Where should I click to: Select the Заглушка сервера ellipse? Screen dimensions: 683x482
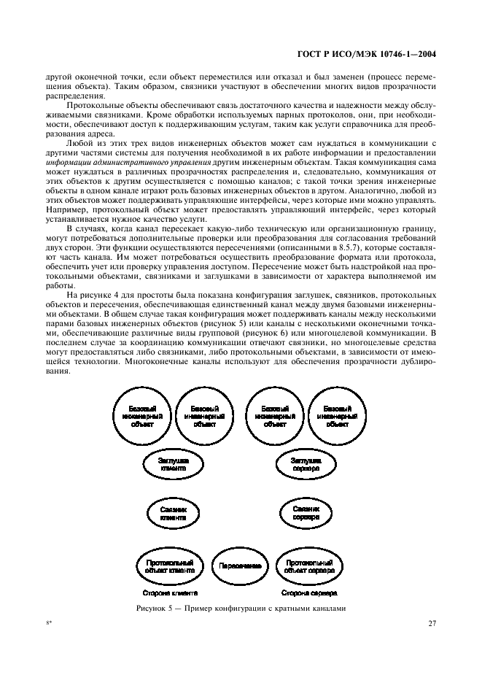(x=307, y=466)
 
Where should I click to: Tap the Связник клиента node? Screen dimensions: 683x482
(x=174, y=514)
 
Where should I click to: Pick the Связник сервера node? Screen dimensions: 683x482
(x=307, y=514)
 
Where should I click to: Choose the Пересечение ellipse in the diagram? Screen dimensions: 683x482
(x=238, y=566)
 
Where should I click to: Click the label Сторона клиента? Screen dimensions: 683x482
(x=172, y=594)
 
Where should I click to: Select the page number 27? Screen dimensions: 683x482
(x=431, y=625)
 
